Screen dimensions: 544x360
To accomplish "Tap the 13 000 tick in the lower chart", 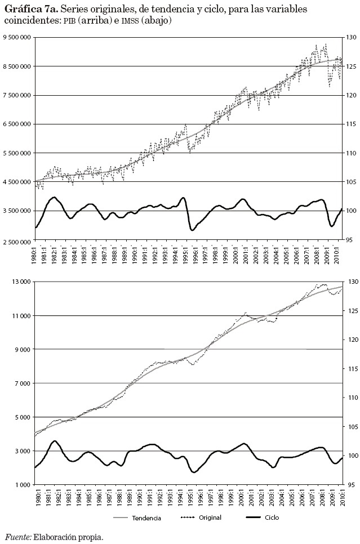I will [21, 282].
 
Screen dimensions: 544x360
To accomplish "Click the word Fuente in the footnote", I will [18, 538].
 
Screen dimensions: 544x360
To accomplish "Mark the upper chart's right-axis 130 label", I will [350, 37].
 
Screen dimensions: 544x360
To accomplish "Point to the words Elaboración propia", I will [69, 538].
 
